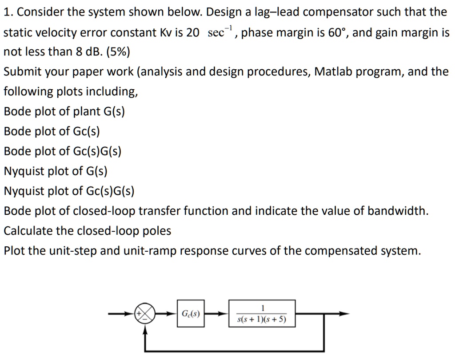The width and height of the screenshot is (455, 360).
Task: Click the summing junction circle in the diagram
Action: (x=145, y=314)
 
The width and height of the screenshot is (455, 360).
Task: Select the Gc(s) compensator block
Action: (x=190, y=314)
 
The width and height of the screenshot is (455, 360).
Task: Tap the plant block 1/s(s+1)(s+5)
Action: (x=262, y=314)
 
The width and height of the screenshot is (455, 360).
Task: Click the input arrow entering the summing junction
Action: (x=122, y=314)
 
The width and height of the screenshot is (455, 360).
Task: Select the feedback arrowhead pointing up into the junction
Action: (x=145, y=328)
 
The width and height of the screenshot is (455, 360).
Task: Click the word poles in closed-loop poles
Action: (x=157, y=231)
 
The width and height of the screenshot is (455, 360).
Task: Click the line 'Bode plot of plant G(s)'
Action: (x=64, y=111)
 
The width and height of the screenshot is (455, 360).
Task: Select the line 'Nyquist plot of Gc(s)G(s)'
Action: (x=69, y=191)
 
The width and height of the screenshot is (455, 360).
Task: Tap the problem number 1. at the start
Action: (x=8, y=12)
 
